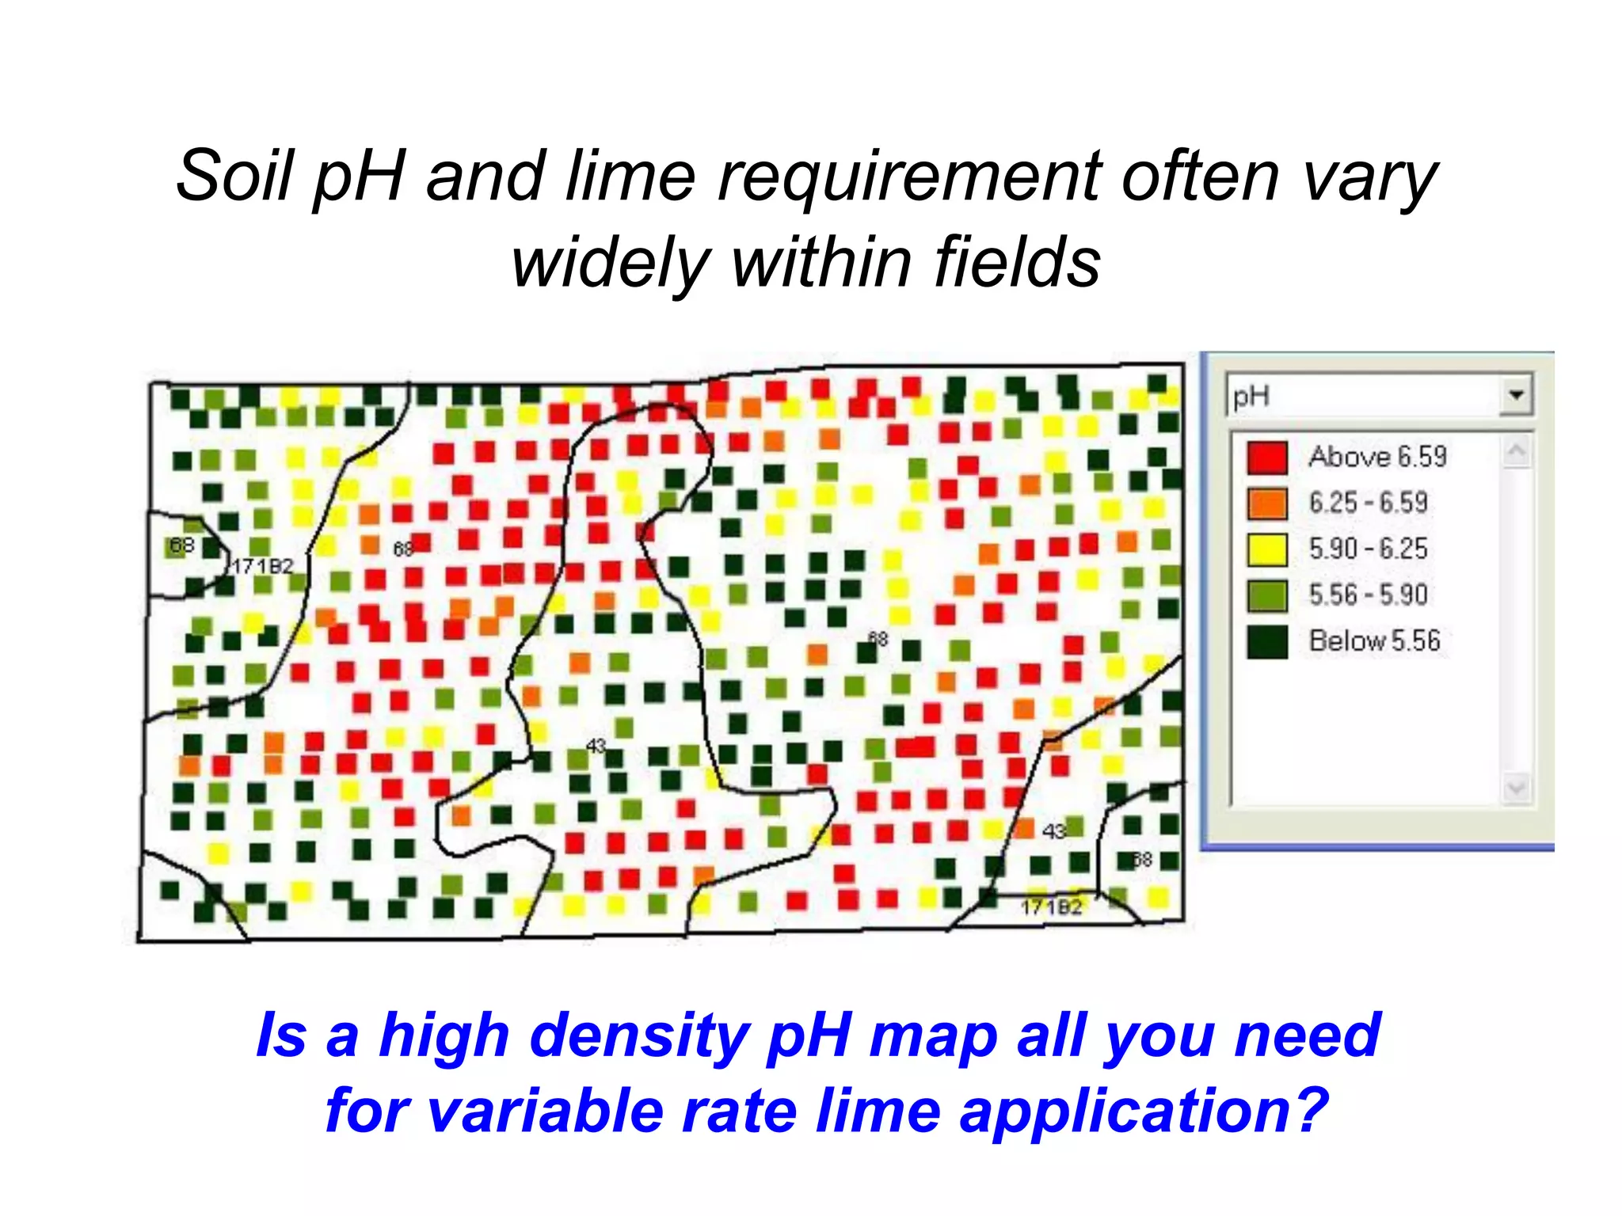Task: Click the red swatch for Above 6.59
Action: tap(1266, 457)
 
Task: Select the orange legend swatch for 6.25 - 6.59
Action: tap(1266, 503)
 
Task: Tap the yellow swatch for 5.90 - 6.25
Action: tap(1266, 549)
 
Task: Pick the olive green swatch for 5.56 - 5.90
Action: tap(1266, 595)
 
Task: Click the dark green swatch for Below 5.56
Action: tap(1266, 641)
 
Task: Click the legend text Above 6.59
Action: tap(1377, 457)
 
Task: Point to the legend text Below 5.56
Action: tap(1374, 640)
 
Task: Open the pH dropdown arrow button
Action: tap(1516, 394)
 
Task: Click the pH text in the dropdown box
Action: tap(1251, 396)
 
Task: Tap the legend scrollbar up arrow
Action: tap(1516, 452)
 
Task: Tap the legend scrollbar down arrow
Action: tap(1516, 788)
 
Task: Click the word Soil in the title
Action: tap(234, 176)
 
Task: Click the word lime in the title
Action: tap(630, 176)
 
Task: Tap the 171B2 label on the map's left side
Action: tap(262, 566)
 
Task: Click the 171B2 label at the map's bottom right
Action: tap(1051, 907)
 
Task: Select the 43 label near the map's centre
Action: tap(596, 746)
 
